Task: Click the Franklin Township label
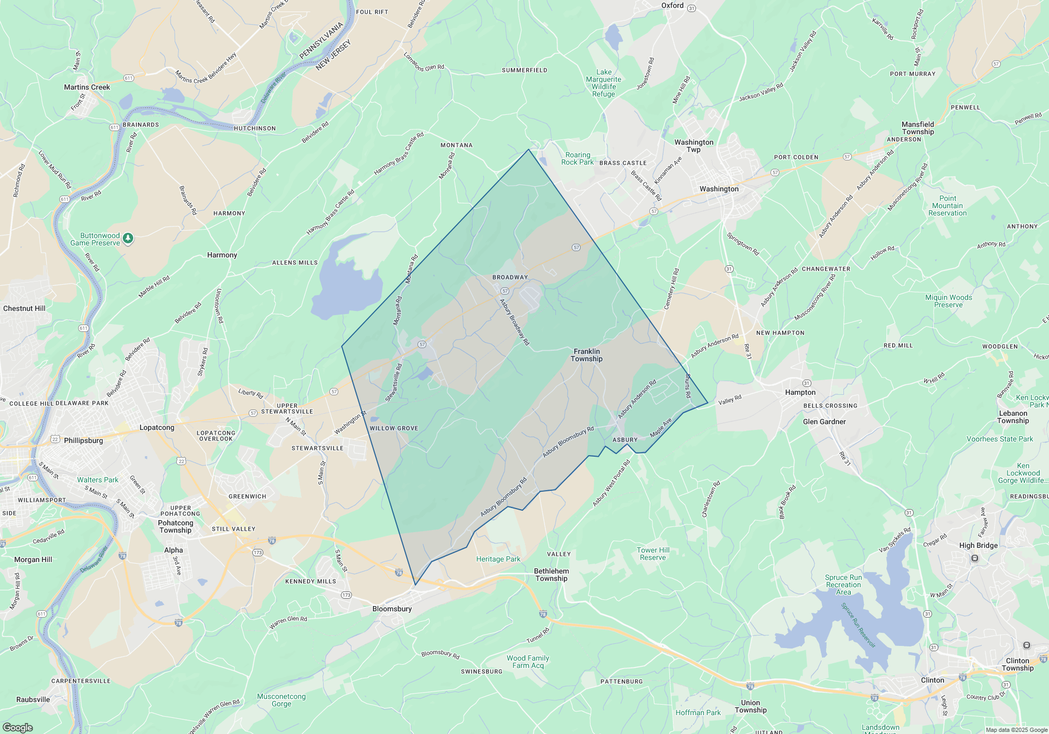click(x=586, y=355)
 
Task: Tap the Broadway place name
click(x=510, y=277)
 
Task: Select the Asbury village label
click(x=625, y=440)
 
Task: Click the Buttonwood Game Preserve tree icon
click(x=128, y=239)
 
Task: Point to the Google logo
click(x=17, y=727)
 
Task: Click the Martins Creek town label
click(x=87, y=87)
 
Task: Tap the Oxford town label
click(x=672, y=5)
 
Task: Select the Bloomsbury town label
click(x=392, y=609)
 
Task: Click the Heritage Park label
click(x=498, y=559)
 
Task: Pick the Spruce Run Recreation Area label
click(x=843, y=585)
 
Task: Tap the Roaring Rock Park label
click(x=577, y=158)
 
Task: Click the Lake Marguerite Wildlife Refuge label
click(x=604, y=83)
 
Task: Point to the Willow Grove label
click(x=394, y=428)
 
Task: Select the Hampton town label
click(x=800, y=392)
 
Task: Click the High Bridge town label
click(x=978, y=545)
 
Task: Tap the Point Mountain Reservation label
click(x=947, y=206)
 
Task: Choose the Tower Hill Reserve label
click(x=653, y=554)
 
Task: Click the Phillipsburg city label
click(x=83, y=440)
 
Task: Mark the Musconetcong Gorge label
click(x=281, y=700)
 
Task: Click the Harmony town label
click(x=222, y=255)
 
